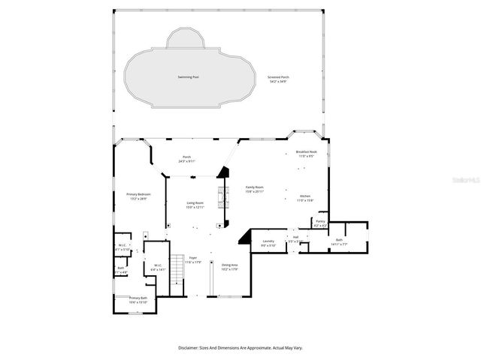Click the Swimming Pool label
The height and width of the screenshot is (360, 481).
tap(188, 77)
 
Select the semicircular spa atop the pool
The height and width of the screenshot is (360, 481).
tap(185, 39)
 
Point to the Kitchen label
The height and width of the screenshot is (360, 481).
tap(305, 198)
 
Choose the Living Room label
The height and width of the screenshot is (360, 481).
tap(196, 203)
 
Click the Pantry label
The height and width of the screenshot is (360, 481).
tap(320, 222)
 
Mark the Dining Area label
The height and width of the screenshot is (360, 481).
tap(230, 265)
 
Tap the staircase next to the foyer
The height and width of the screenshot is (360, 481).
tap(178, 268)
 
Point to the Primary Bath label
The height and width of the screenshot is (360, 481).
tap(138, 298)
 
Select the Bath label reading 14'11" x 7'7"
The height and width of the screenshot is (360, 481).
tap(340, 241)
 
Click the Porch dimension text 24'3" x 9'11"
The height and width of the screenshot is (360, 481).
tap(186, 161)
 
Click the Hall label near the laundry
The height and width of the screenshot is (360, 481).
tap(296, 238)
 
